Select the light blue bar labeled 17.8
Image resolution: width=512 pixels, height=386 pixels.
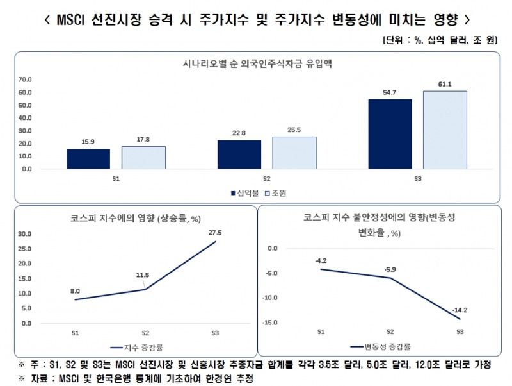143,158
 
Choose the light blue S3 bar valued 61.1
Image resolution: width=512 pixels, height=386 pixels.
444,130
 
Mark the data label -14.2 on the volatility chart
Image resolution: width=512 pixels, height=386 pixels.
457,310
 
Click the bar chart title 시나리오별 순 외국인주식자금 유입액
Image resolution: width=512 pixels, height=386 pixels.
256,63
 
